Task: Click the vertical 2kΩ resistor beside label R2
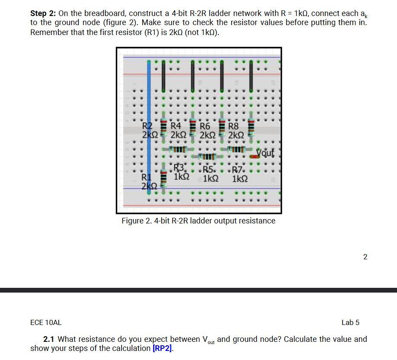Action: (164, 127)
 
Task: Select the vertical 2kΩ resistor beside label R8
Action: (251, 127)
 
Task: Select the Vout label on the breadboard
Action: (265, 153)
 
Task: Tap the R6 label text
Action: (205, 127)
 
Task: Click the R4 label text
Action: (176, 127)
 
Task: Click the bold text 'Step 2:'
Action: (43, 13)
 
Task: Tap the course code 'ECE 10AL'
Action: (46, 322)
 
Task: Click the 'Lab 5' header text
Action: (350, 322)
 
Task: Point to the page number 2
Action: (365, 257)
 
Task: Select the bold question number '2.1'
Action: (49, 339)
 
